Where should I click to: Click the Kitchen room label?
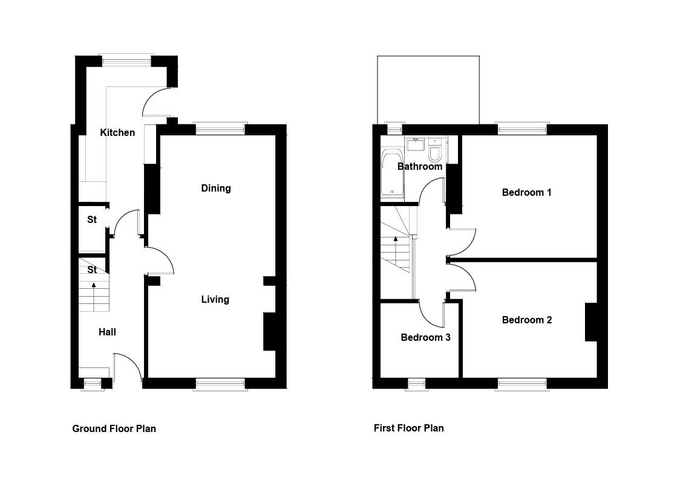click(x=117, y=133)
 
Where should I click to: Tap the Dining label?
click(x=216, y=189)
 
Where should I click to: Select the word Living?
click(x=215, y=299)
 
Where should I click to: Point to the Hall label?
click(x=107, y=332)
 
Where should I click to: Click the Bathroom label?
click(x=420, y=166)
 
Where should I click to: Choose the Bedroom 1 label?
click(x=527, y=192)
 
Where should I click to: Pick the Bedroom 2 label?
click(x=527, y=320)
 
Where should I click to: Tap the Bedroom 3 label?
click(x=425, y=337)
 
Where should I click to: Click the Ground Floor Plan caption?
click(x=114, y=428)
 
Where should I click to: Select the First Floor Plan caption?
click(x=408, y=428)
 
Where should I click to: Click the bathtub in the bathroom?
click(x=392, y=173)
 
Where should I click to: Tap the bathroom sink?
click(x=416, y=144)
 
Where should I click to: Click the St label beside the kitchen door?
click(x=92, y=219)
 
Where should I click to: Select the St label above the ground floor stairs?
click(x=92, y=270)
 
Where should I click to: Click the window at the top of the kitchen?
click(x=126, y=60)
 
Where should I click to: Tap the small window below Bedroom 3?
click(x=416, y=384)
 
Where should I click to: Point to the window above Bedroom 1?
click(x=522, y=129)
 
